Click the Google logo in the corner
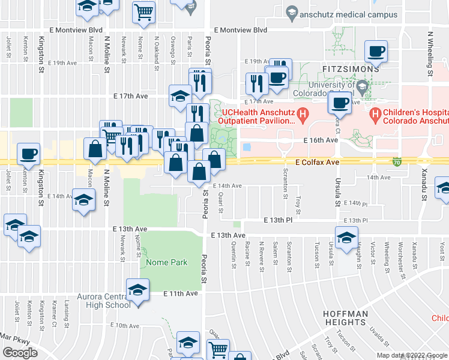(x=20, y=353)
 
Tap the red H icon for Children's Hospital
(x=376, y=113)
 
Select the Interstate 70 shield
(x=397, y=161)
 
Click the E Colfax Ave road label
(x=317, y=162)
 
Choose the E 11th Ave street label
(x=181, y=293)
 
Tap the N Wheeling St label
(x=430, y=55)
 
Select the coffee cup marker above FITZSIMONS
(x=376, y=52)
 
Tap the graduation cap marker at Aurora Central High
(x=137, y=291)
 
